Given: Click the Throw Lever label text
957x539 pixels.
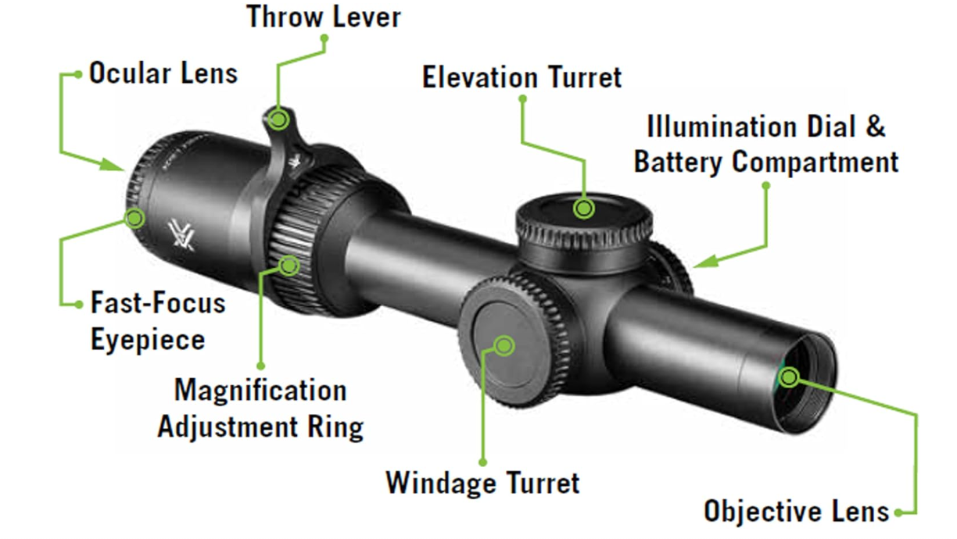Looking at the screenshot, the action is pyautogui.click(x=324, y=17).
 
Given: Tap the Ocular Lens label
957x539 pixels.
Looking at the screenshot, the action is pyautogui.click(x=163, y=73).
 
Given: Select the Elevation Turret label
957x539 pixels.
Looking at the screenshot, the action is pyautogui.click(x=522, y=77).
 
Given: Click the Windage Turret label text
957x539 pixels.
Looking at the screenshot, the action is pyautogui.click(x=482, y=483).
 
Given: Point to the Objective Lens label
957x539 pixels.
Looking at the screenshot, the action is pyautogui.click(x=797, y=511).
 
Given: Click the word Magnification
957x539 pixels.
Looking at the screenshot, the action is pyautogui.click(x=260, y=390).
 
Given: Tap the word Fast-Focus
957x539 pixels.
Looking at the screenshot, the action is pyautogui.click(x=158, y=302).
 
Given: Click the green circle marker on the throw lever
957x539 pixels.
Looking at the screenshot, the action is pyautogui.click(x=278, y=120).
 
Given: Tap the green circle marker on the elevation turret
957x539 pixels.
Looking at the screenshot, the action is pyautogui.click(x=584, y=209).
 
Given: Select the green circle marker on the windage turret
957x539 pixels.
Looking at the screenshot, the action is pyautogui.click(x=504, y=345).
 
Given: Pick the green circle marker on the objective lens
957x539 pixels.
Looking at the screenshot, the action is pyautogui.click(x=789, y=377).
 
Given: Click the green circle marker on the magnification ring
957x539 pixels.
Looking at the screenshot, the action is pyautogui.click(x=289, y=266).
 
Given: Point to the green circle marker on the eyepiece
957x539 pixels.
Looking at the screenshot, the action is pyautogui.click(x=135, y=218).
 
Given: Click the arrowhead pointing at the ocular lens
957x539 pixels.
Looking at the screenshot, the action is pyautogui.click(x=112, y=165).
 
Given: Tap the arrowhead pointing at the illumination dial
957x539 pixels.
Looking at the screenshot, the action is pyautogui.click(x=705, y=261).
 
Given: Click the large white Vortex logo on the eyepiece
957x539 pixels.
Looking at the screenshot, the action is pyautogui.click(x=181, y=235).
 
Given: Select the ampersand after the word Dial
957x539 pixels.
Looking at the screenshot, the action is pyautogui.click(x=875, y=127).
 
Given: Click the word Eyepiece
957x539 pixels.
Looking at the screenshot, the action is pyautogui.click(x=148, y=341).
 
